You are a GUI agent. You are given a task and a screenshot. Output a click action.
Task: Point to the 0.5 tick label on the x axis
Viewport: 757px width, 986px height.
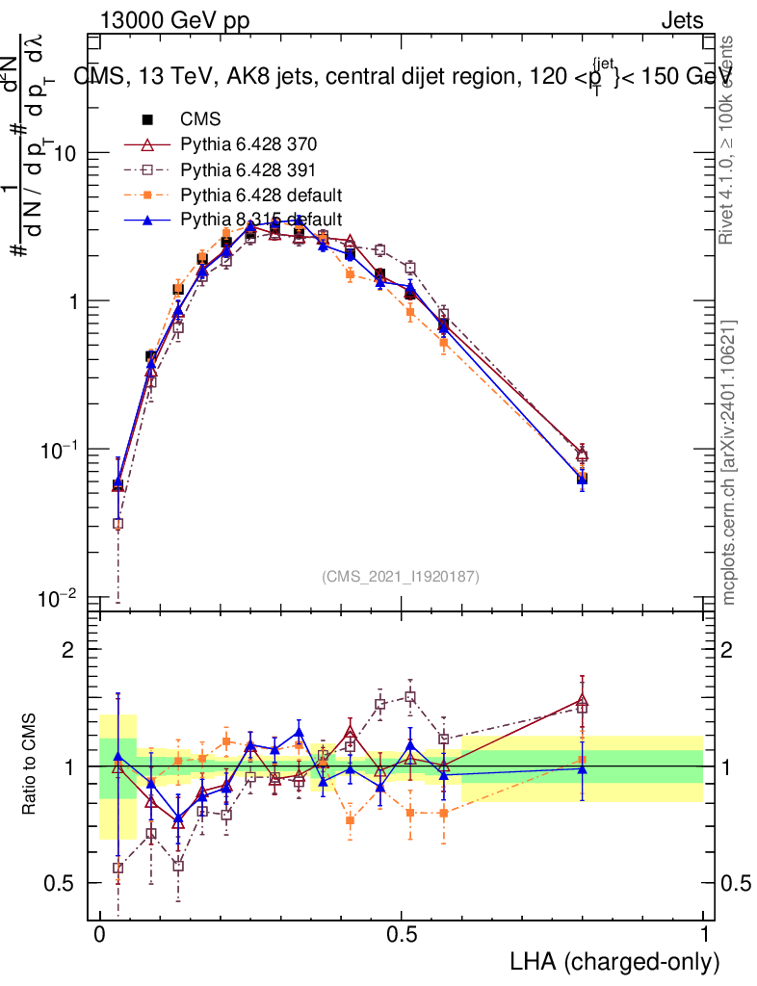click(x=402, y=935)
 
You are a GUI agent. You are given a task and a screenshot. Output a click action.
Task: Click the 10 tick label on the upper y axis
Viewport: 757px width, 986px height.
click(x=64, y=154)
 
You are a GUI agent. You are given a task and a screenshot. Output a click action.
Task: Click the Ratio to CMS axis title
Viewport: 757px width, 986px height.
click(x=29, y=765)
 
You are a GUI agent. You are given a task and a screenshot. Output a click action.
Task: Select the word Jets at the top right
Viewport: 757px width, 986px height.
click(x=681, y=21)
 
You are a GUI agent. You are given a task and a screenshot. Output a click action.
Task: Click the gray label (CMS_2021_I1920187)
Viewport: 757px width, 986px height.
click(x=400, y=576)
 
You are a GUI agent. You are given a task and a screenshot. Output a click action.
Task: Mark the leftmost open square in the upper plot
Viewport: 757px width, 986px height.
click(x=117, y=524)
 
